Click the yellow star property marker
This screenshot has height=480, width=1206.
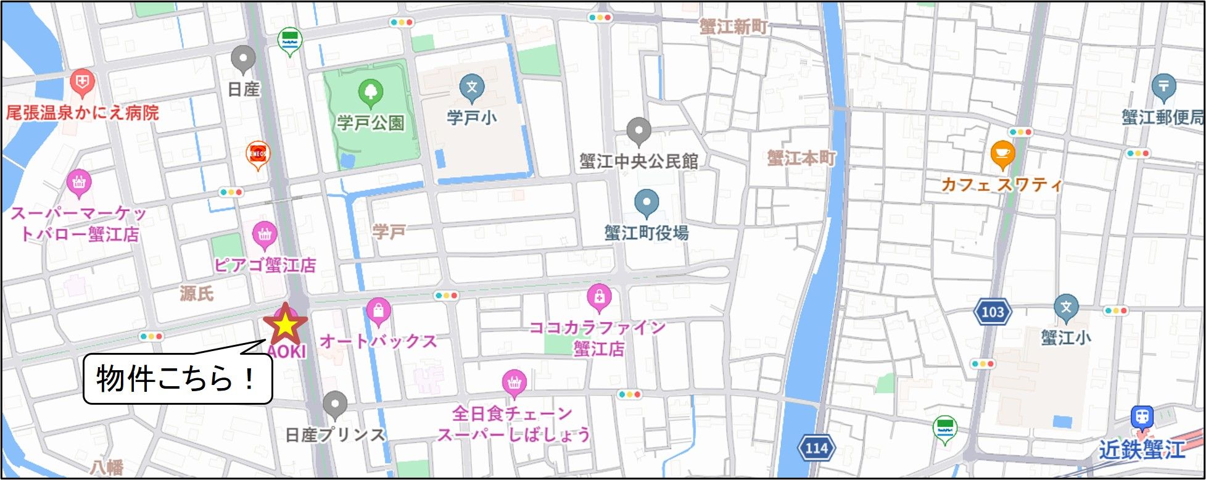pyautogui.click(x=285, y=325)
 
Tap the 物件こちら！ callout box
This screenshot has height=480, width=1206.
pyautogui.click(x=178, y=379)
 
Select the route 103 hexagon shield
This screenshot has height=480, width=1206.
pyautogui.click(x=993, y=312)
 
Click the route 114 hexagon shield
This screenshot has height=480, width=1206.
pyautogui.click(x=817, y=448)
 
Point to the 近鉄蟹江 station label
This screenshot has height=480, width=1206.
pyautogui.click(x=1141, y=450)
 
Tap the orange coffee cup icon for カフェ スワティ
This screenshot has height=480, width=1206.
pyautogui.click(x=1002, y=154)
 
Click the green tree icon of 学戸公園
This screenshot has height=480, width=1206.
pyautogui.click(x=370, y=93)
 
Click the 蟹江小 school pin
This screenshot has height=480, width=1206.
pyautogui.click(x=1065, y=307)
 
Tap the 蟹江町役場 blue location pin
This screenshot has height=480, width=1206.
pyautogui.click(x=646, y=202)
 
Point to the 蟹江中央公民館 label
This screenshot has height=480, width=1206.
pyautogui.click(x=638, y=162)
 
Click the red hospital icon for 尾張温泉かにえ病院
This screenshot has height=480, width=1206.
pyautogui.click(x=82, y=81)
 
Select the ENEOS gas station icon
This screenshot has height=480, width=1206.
pyautogui.click(x=258, y=153)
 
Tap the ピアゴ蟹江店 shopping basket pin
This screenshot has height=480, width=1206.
pyautogui.click(x=265, y=234)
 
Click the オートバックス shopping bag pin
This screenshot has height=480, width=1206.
pyautogui.click(x=378, y=310)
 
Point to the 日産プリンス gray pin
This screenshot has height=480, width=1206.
pyautogui.click(x=335, y=404)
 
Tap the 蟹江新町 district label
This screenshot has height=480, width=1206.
pyautogui.click(x=733, y=27)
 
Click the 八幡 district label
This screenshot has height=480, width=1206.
pyautogui.click(x=106, y=467)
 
